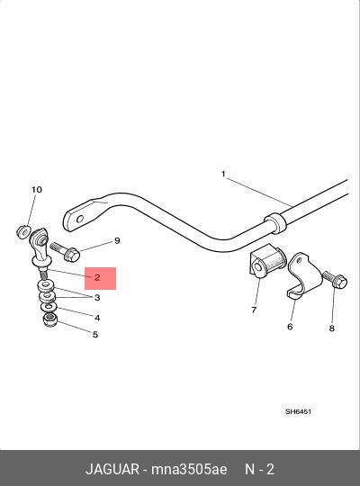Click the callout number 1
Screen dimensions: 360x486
(223, 175)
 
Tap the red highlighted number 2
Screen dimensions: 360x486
(97, 277)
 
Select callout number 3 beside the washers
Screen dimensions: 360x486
(97, 298)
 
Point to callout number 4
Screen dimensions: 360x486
(97, 318)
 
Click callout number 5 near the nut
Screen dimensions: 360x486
(95, 335)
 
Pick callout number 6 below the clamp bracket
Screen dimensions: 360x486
(290, 327)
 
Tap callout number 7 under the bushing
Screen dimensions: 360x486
(254, 310)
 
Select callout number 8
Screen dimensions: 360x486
(332, 328)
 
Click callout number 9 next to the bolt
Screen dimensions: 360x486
(117, 241)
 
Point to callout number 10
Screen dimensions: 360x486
(36, 189)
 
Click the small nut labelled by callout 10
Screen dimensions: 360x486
(22, 232)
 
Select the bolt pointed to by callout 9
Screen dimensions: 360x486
(66, 252)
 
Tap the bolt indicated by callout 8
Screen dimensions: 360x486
(335, 280)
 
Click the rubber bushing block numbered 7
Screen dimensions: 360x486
(266, 261)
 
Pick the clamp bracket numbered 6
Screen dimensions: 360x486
(301, 275)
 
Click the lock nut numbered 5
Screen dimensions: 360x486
(49, 319)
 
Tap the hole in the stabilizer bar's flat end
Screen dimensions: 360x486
(80, 219)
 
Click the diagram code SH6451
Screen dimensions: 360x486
(298, 411)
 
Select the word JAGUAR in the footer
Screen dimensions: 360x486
(112, 469)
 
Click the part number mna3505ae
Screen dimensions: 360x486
(189, 469)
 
